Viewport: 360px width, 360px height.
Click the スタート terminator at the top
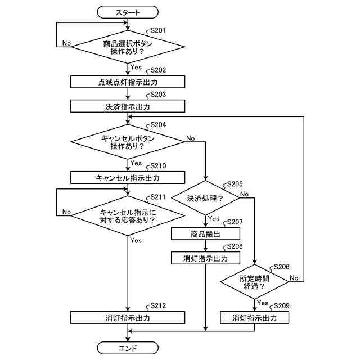pos(128,12)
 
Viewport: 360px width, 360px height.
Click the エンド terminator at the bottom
pos(128,348)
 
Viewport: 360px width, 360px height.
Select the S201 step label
pos(158,30)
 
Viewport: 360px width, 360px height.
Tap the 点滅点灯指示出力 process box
pos(128,82)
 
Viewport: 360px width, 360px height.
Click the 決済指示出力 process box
pos(128,106)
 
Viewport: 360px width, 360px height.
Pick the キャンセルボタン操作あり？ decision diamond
pos(128,142)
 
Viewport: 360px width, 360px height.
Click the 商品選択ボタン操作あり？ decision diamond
pos(128,47)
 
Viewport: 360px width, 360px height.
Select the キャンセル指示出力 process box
pos(128,178)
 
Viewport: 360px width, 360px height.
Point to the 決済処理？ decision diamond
pos(205,198)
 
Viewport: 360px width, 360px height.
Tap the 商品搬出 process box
pos(205,234)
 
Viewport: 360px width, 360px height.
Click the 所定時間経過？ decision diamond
pos(254,282)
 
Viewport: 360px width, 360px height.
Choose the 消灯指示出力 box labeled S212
pos(128,317)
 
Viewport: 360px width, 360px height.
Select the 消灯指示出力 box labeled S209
pos(254,317)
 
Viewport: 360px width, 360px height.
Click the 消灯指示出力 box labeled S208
pos(205,258)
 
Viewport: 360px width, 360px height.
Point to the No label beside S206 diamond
pos(294,278)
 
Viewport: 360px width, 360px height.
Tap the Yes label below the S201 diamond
pos(136,67)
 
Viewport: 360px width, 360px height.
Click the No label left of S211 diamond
pos(66,211)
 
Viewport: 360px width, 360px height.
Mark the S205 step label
pos(235,184)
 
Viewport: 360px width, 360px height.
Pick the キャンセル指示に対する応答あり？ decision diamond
pos(128,215)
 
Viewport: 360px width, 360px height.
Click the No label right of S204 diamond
pos(191,138)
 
